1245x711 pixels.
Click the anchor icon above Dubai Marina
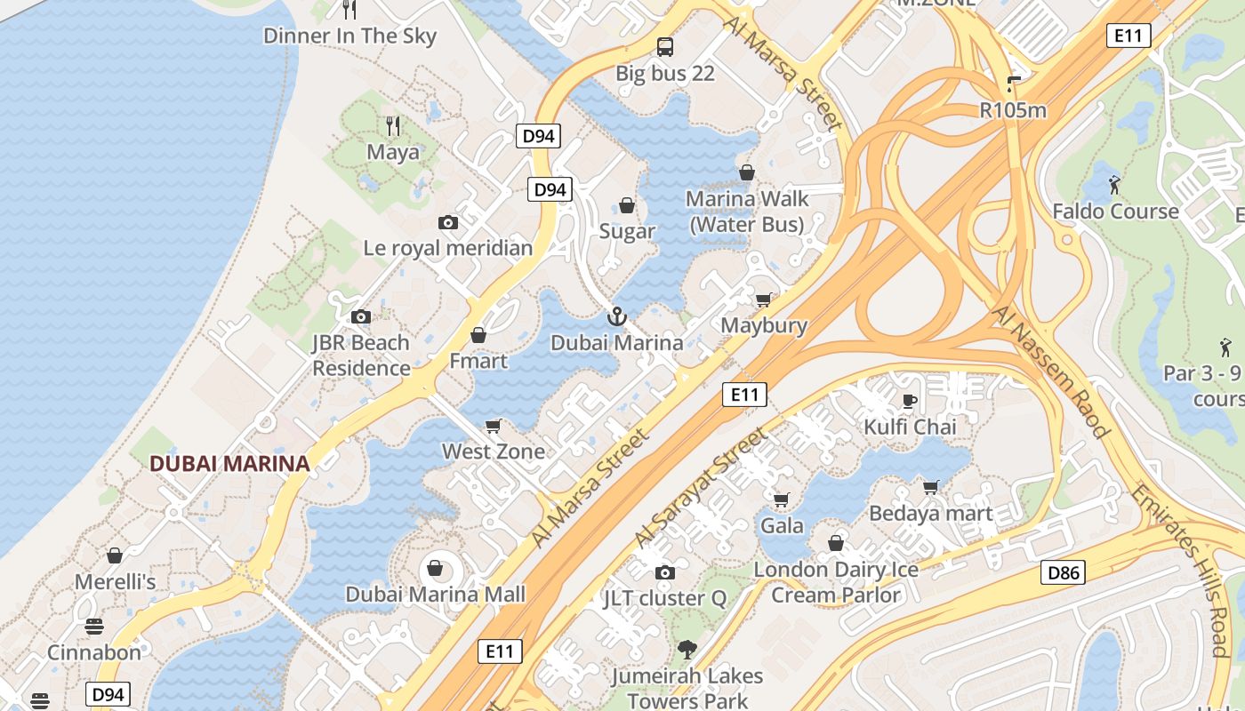[x=616, y=316]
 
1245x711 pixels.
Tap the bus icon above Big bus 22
[x=665, y=47]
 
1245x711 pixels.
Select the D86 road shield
[x=1063, y=572]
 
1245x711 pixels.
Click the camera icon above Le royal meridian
[x=448, y=222]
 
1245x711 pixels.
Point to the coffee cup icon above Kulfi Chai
[x=910, y=401]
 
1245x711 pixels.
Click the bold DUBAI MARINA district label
[x=229, y=463]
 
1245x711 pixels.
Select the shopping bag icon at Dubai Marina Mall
[x=436, y=567]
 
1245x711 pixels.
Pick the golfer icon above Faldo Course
[x=1114, y=185]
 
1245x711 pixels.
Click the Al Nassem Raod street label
[x=1052, y=371]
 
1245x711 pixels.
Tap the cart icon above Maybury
[x=763, y=300]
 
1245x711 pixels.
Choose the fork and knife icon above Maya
[x=393, y=126]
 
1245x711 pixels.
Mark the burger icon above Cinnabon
[x=94, y=627]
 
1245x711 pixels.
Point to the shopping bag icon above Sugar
[x=627, y=205]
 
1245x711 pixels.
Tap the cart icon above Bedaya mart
[x=930, y=487]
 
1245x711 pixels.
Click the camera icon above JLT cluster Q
[x=664, y=572]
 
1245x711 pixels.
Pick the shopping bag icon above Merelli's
[x=115, y=556]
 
